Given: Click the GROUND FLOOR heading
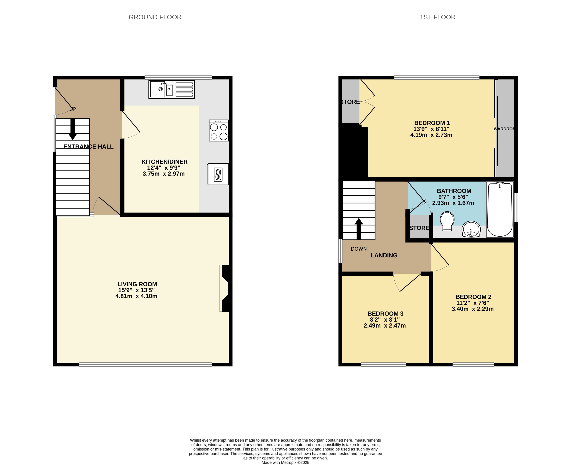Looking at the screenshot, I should tap(155, 17).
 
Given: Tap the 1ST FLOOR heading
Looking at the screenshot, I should tap(437, 17).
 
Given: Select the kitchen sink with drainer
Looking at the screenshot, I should tap(172, 89).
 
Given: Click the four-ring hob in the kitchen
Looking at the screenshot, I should tap(219, 131).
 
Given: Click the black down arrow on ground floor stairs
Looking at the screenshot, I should tap(72, 129).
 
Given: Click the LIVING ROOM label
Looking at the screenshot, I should tap(137, 284).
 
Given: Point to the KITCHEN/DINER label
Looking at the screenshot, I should tap(164, 162).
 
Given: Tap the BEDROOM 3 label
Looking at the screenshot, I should tap(385, 313).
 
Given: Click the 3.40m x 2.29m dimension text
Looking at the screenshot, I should tap(472, 309).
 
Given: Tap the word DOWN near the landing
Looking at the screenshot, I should tap(359, 249).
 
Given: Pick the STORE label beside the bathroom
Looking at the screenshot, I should tap(419, 228).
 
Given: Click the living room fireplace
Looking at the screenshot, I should tap(224, 288).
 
